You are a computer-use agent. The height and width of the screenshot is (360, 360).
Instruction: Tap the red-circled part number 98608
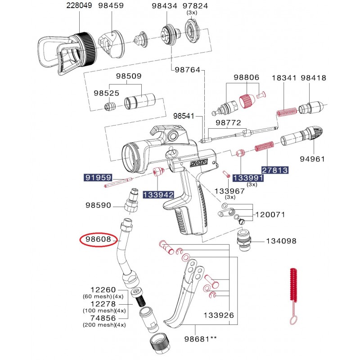coord(95,240)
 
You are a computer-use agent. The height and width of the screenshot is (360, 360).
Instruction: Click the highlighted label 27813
coord(275,170)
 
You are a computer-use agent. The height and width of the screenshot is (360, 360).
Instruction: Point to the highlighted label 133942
coord(158,194)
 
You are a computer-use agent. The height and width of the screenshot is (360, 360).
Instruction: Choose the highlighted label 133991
coord(247,179)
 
